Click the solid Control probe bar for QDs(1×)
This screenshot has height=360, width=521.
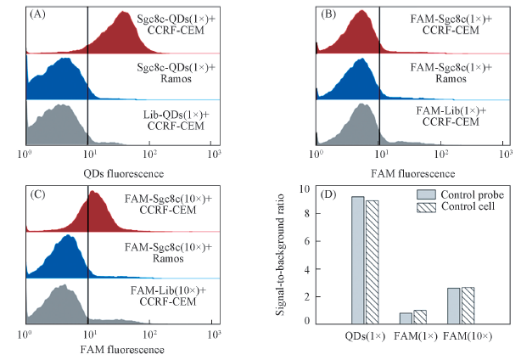click(x=358, y=260)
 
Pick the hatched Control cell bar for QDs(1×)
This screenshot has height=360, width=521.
click(x=372, y=262)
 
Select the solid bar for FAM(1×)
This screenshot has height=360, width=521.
click(x=406, y=318)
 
